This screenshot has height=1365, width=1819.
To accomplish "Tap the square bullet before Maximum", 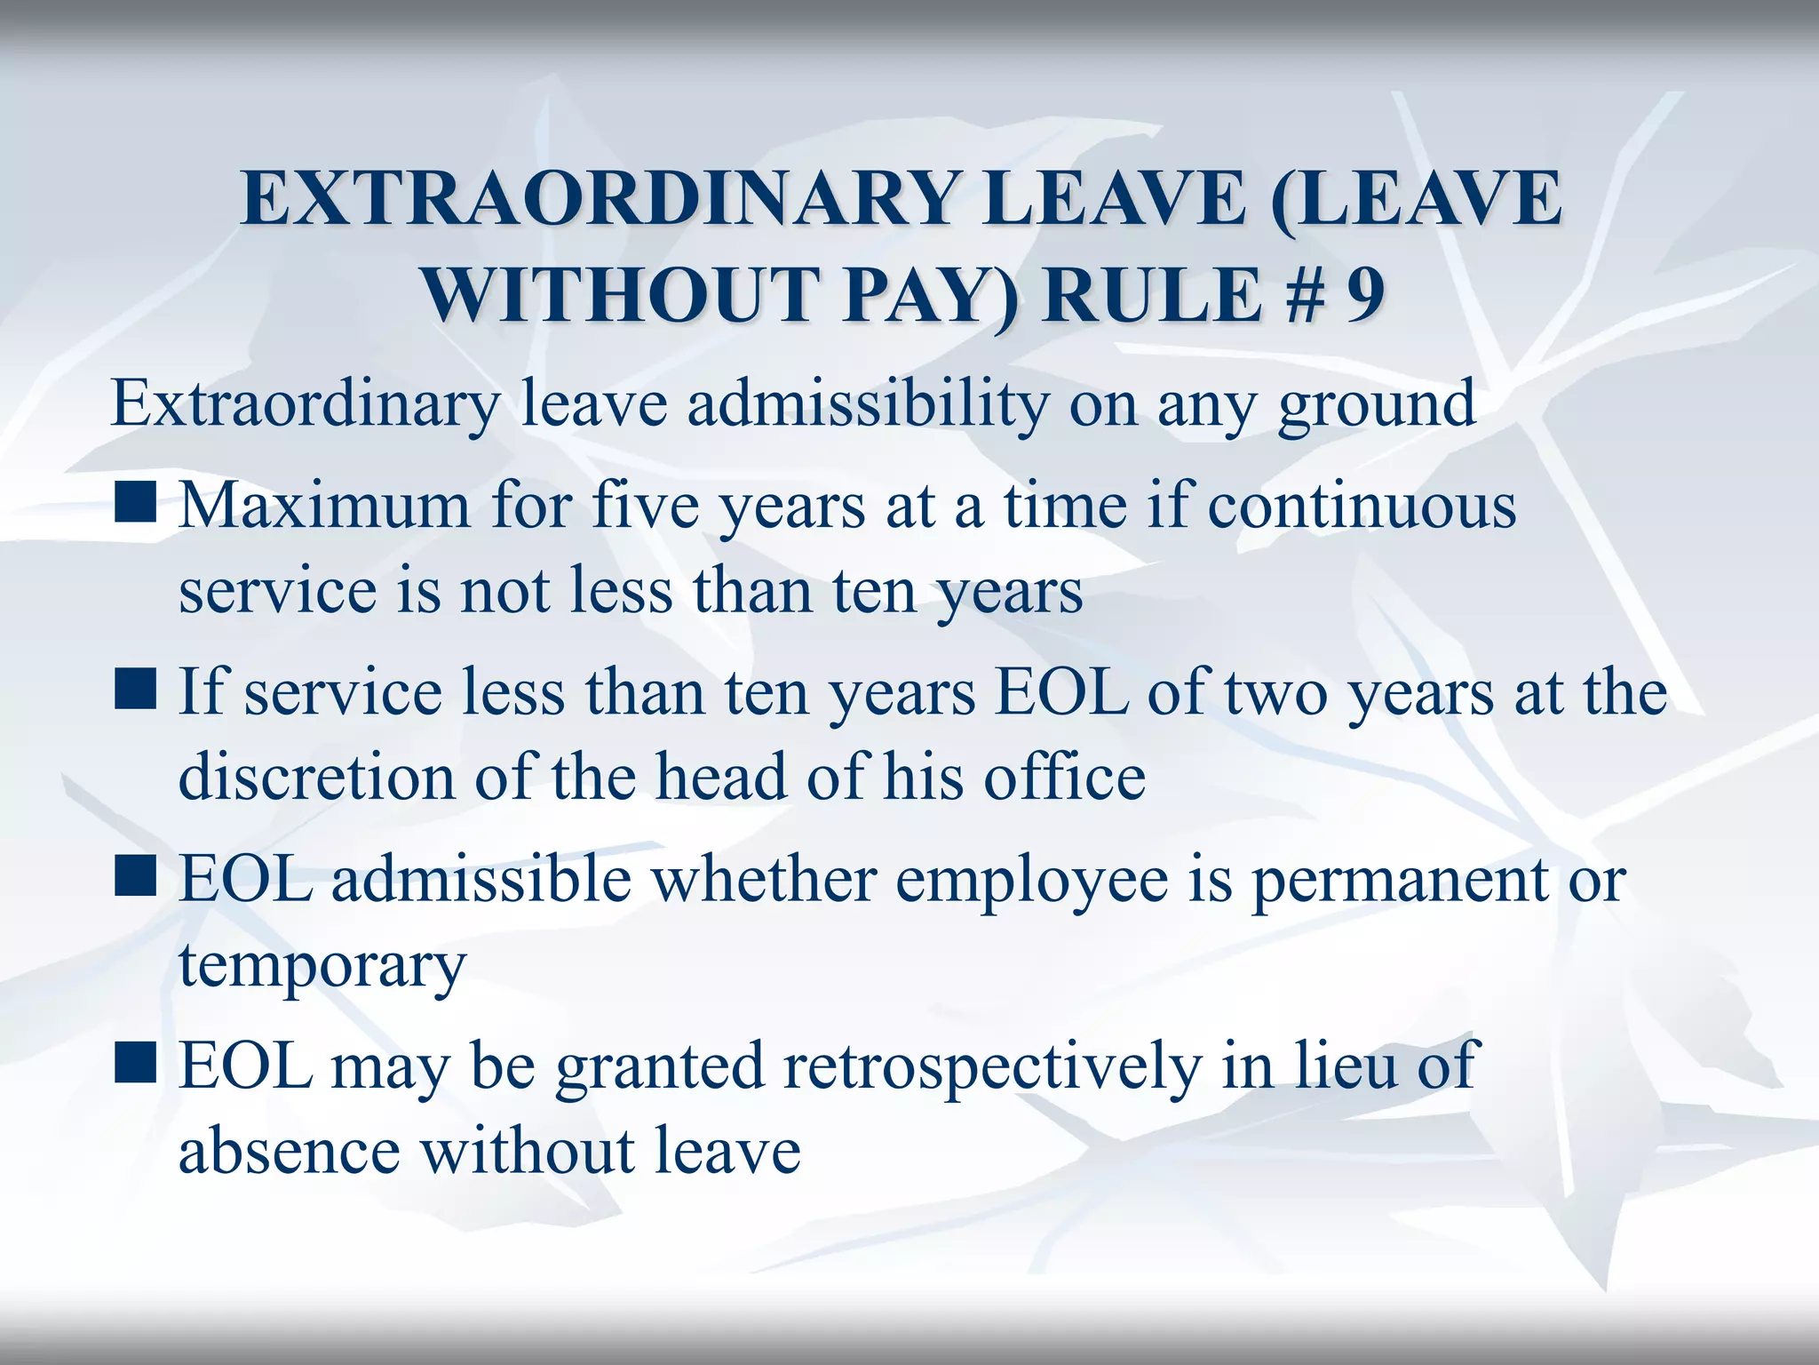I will [x=136, y=502].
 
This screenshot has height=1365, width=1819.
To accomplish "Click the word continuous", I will [x=1362, y=506].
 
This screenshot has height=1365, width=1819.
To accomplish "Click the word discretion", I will [x=317, y=777].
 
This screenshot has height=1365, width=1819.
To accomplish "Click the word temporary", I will [x=322, y=967].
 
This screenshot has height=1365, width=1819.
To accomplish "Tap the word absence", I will [x=290, y=1151].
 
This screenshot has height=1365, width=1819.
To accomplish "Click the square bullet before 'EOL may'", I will [x=136, y=1062].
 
